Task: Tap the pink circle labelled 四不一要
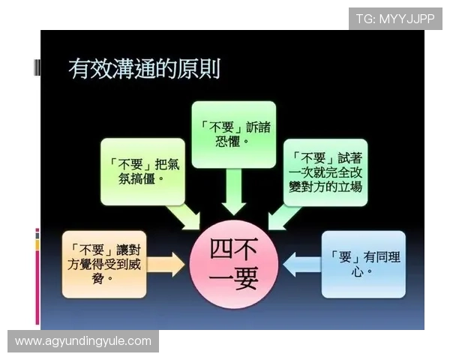(x=233, y=265)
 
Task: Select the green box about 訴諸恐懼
(x=232, y=134)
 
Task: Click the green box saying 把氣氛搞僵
(x=143, y=171)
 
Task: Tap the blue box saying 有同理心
(x=363, y=264)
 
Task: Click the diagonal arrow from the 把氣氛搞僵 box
(x=183, y=214)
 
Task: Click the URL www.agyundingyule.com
(x=83, y=341)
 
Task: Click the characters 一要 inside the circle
(x=233, y=279)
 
